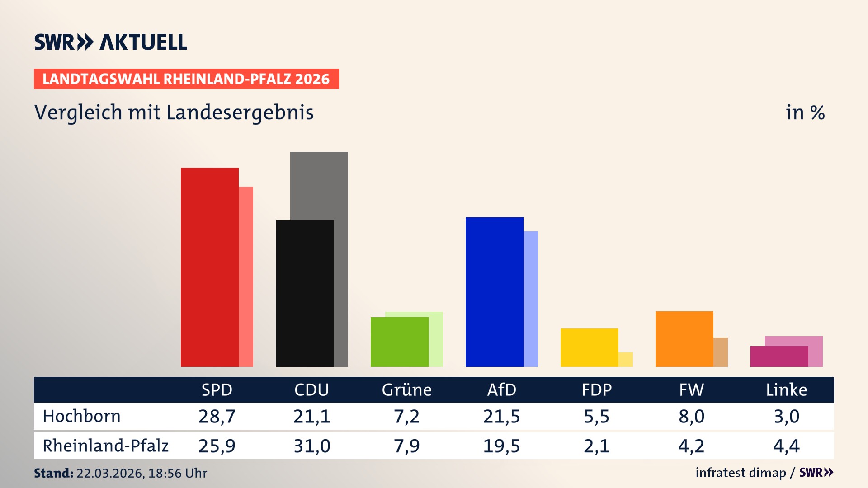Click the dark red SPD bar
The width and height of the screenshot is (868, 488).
point(209,267)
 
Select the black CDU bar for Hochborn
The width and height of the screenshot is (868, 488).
point(304,294)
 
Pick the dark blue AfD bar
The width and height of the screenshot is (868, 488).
point(494,291)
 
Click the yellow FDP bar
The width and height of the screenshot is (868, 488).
point(589,347)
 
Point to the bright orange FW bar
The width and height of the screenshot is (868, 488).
point(684,339)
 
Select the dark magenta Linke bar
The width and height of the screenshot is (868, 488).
point(779,357)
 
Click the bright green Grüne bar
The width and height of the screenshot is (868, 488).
point(399,342)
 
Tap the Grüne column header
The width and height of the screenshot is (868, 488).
point(406,389)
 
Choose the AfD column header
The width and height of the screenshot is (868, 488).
point(501,389)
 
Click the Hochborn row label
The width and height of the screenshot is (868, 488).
point(81,416)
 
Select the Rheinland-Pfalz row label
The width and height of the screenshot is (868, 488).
point(105,446)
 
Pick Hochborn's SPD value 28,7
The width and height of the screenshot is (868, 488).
point(217,416)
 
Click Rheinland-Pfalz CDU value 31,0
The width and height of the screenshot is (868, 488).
point(311,446)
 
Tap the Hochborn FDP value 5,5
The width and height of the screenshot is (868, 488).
point(596,416)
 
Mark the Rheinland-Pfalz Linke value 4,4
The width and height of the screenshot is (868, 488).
point(786,446)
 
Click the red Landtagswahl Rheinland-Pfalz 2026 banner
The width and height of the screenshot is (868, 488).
point(186,79)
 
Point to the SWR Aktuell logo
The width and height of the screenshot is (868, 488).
point(110,42)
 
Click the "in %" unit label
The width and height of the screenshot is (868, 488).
point(805,113)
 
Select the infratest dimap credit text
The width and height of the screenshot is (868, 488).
point(741,473)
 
